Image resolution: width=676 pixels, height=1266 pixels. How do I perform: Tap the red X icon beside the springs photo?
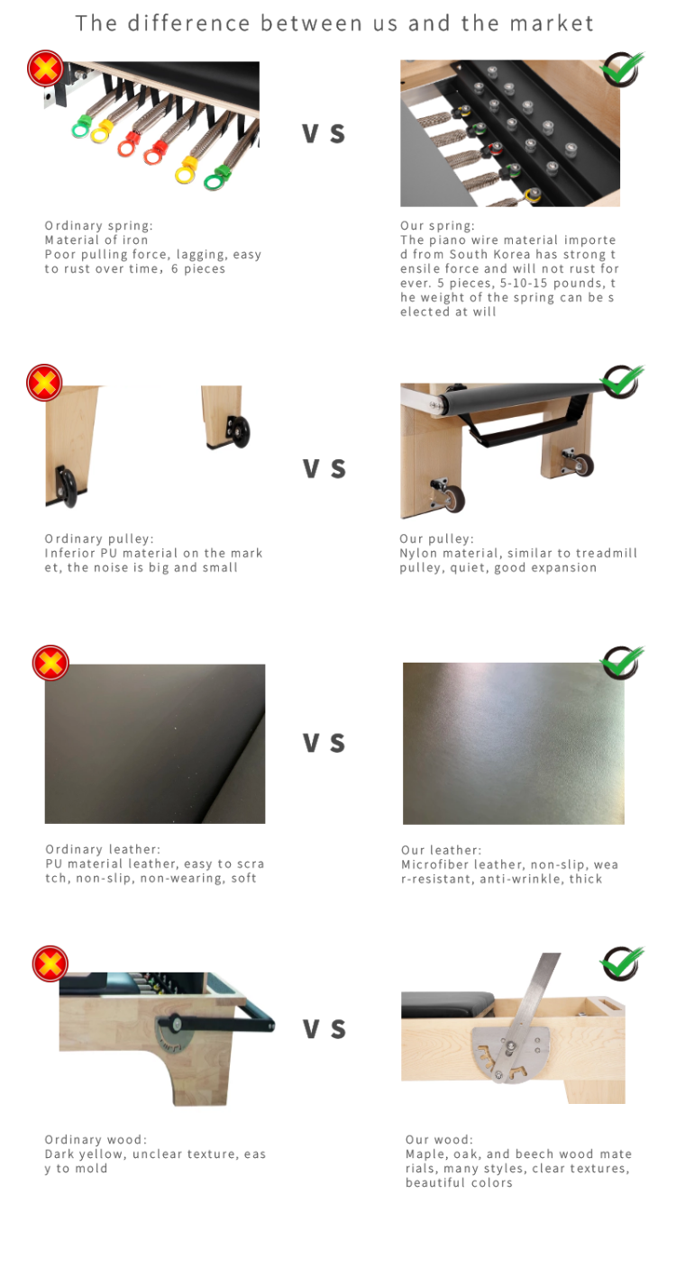click(45, 68)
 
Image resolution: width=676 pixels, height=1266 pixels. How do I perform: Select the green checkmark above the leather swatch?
click(623, 662)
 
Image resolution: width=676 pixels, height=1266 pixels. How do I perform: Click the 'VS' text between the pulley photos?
click(324, 468)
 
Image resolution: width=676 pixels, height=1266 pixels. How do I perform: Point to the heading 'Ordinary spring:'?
click(99, 226)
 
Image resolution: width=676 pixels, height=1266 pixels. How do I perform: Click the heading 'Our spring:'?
click(437, 226)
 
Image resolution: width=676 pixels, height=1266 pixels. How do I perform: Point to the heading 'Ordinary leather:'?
click(103, 849)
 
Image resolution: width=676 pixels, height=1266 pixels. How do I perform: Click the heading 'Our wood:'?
click(439, 1139)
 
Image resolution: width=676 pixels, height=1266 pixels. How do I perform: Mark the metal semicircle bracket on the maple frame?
click(515, 1049)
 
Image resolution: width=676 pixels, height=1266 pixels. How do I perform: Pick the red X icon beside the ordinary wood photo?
click(50, 963)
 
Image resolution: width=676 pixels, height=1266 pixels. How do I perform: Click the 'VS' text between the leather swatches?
click(324, 743)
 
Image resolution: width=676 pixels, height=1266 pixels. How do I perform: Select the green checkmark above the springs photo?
click(623, 68)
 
